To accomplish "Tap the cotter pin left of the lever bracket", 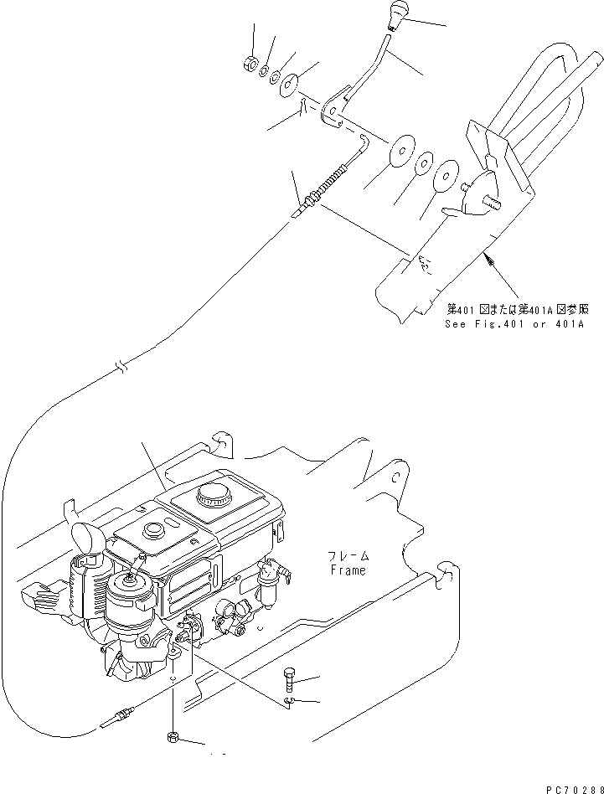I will pyautogui.click(x=300, y=106).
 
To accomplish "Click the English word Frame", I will pyautogui.click(x=347, y=570).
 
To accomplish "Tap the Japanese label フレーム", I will pyautogui.click(x=347, y=556).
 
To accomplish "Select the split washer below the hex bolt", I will pyautogui.click(x=288, y=701).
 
